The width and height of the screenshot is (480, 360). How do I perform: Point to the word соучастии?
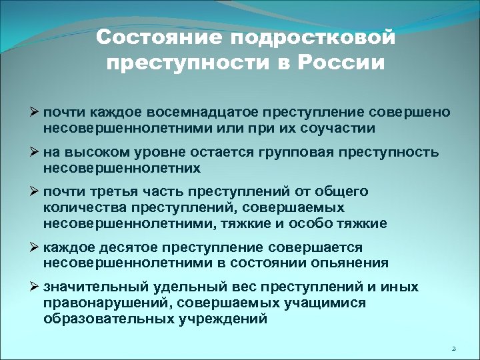tap(327, 127)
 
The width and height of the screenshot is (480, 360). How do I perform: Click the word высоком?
tap(97, 152)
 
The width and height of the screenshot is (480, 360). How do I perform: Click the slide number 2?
tap(453, 349)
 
